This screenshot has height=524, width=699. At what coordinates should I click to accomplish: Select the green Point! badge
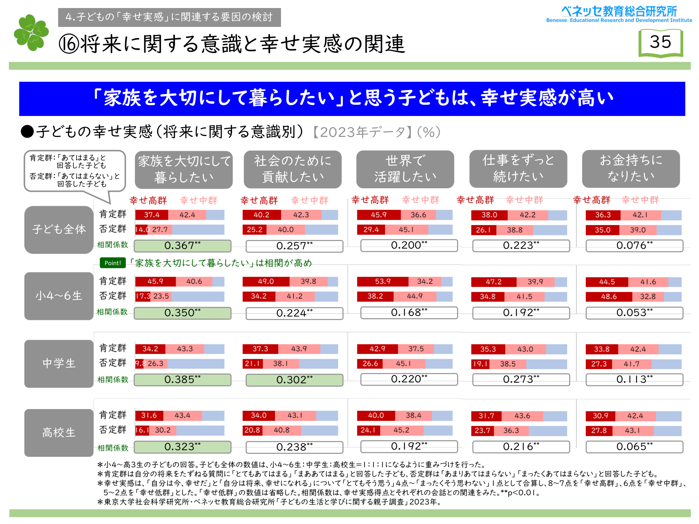click(x=113, y=263)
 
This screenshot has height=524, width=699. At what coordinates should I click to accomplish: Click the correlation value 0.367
click(x=182, y=246)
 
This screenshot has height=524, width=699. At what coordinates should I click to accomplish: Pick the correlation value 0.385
click(x=182, y=380)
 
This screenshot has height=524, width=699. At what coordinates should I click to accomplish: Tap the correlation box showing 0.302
click(x=294, y=380)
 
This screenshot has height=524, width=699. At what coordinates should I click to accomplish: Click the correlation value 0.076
click(x=634, y=246)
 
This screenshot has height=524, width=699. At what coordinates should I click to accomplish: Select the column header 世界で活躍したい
click(x=405, y=169)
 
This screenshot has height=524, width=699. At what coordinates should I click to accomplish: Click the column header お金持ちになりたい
click(x=631, y=169)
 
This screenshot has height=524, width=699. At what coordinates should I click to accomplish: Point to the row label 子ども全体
click(x=59, y=230)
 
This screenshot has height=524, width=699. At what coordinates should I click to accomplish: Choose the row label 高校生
click(x=59, y=433)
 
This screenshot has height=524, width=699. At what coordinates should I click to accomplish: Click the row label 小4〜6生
click(x=59, y=296)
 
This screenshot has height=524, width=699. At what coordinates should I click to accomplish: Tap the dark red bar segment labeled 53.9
click(x=382, y=282)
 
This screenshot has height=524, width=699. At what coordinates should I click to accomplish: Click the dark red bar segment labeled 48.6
click(x=609, y=297)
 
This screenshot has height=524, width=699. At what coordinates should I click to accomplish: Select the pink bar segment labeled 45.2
click(x=402, y=430)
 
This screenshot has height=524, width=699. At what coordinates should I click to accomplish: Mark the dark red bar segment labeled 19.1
click(x=480, y=364)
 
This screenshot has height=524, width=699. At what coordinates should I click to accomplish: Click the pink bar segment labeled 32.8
click(x=648, y=297)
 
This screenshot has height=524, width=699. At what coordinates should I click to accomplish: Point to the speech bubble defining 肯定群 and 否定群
click(x=74, y=171)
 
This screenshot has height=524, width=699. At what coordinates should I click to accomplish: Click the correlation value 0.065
click(x=634, y=447)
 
